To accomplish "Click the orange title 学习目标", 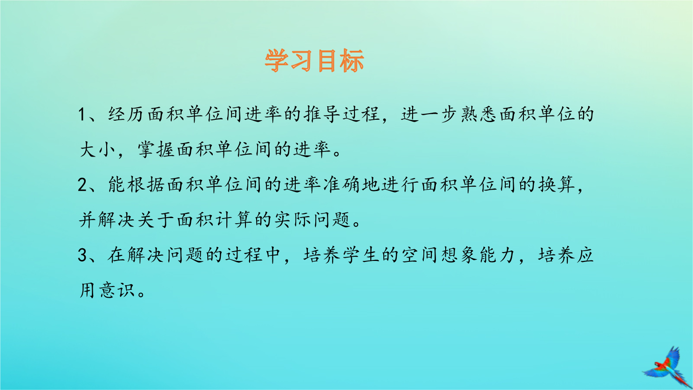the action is pyautogui.click(x=314, y=61).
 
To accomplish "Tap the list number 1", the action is pyautogui.click(x=82, y=114).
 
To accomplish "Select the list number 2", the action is pyautogui.click(x=82, y=185).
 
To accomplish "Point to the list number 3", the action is pyautogui.click(x=82, y=255).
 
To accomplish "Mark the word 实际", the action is pyautogui.click(x=292, y=220).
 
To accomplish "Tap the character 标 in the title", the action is pyautogui.click(x=352, y=61).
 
